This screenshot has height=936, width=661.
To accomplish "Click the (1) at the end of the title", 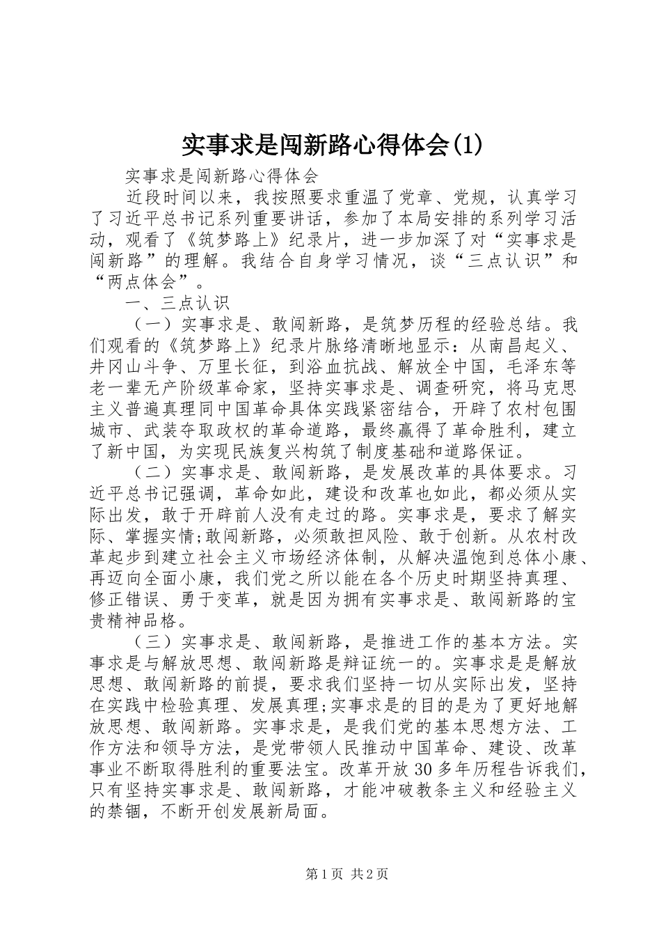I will tap(460, 146).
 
